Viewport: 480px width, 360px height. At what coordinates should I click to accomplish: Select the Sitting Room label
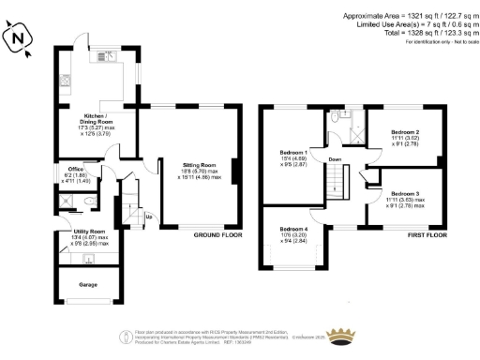point(201,164)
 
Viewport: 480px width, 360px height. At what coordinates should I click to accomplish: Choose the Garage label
point(89,282)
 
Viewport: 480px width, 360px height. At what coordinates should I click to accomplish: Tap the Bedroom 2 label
point(404,132)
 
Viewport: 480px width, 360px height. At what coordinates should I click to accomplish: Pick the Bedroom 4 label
point(293,229)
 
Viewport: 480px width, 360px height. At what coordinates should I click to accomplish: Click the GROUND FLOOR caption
point(215,234)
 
